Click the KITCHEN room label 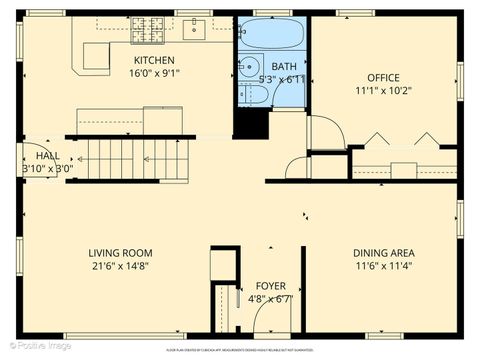[x=154, y=60]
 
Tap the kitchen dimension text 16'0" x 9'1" [x=154, y=72]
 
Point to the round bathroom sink [x=246, y=68]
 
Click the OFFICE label [x=383, y=77]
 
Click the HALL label [x=47, y=157]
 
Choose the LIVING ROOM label [x=120, y=253]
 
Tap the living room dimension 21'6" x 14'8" [x=120, y=266]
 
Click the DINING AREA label [x=383, y=253]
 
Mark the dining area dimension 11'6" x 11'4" [x=383, y=266]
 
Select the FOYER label [x=270, y=286]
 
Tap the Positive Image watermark [x=37, y=346]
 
